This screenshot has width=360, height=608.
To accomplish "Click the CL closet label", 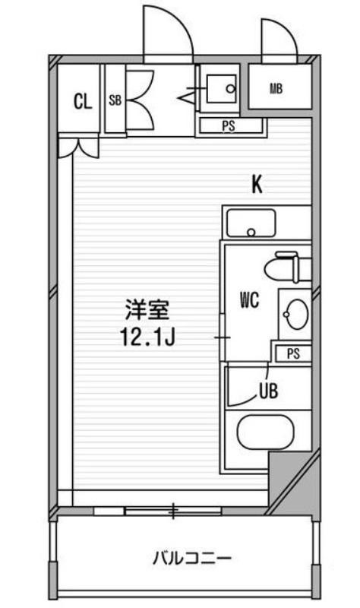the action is point(83,101).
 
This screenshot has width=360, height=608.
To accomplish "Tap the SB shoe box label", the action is point(115,100).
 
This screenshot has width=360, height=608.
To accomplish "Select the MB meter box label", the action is point(276,89).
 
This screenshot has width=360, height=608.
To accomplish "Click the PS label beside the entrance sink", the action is point(229,126).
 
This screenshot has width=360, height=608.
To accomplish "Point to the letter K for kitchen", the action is point(257,185).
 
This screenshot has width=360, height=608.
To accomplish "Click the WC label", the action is point(250,300).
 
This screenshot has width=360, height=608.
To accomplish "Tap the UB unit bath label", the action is point(269,391).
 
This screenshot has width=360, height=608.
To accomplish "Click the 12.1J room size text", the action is point(148,337).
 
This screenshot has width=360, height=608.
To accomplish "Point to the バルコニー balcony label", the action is point(192,559).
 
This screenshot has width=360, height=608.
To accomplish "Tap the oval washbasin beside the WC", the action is point(296,314).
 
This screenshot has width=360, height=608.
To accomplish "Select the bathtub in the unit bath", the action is point(266,432).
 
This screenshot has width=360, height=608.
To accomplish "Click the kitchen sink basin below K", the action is point(251,223).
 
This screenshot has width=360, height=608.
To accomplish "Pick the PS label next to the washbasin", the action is point(293,353).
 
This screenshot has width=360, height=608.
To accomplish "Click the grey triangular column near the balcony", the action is point(295,481).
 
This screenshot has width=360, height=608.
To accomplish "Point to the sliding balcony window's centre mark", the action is point(173,511).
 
